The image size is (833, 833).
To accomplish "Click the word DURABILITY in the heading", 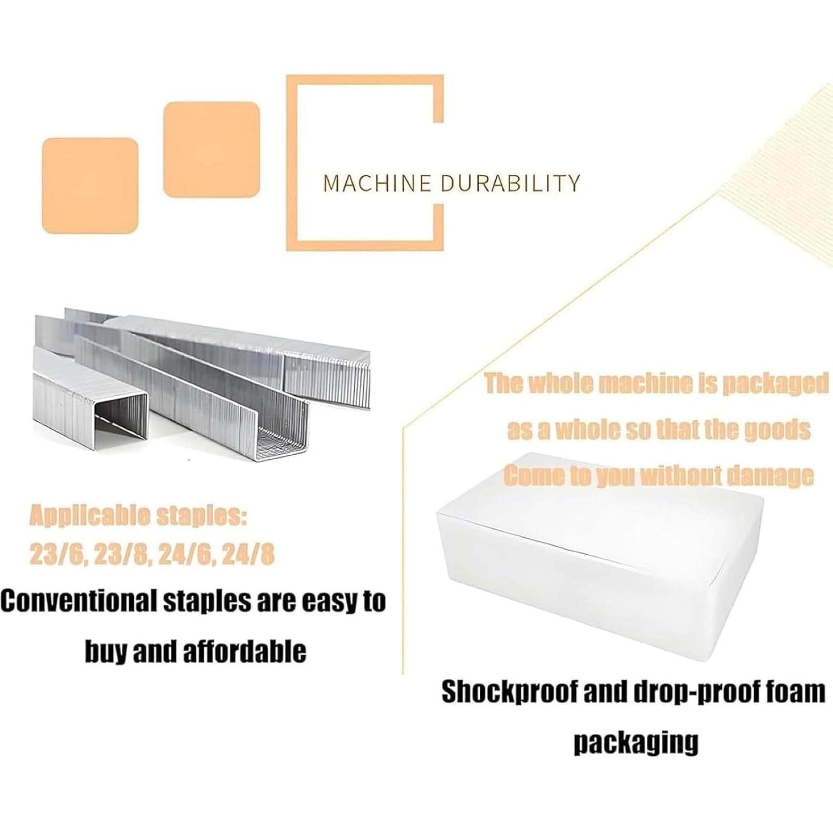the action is tap(510, 183).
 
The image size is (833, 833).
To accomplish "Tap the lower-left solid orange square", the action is tap(90, 186).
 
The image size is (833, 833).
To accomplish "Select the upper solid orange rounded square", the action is tap(211, 150).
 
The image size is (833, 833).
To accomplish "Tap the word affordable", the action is tap(244, 651).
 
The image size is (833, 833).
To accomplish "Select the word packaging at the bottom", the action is tap(636, 743).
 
